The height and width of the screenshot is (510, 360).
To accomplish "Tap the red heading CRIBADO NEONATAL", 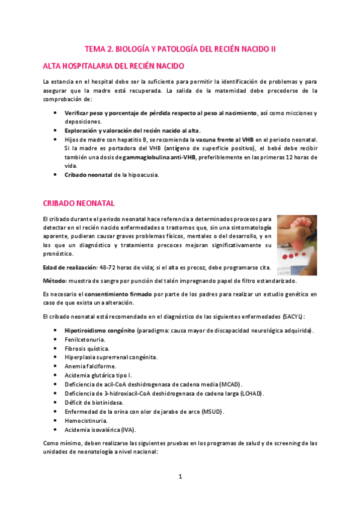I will [80, 203].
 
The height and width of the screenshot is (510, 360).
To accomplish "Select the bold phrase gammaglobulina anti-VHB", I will [159, 158].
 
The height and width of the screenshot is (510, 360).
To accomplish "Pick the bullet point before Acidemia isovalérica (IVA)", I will [55, 430].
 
